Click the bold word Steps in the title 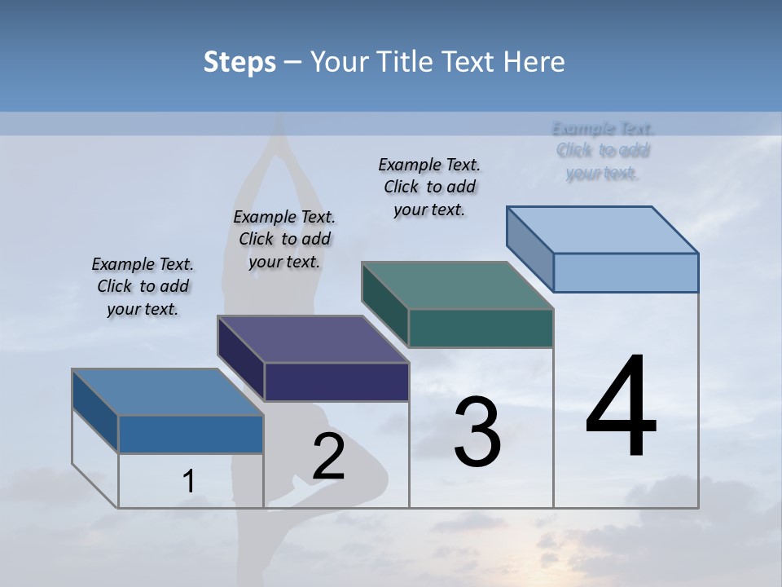pos(239,62)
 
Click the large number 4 pos(621,408)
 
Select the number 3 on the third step pos(477,432)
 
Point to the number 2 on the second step pos(328,457)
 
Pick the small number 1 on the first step pos(189,482)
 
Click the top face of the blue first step pos(167,392)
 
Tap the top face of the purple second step pos(313,339)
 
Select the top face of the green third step pos(458,285)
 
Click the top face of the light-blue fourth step pos(603,230)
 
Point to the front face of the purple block pos(336,382)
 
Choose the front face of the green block pos(481,328)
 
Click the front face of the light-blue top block pos(626,272)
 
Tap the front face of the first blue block pos(191,434)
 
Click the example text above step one pos(143,287)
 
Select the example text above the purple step pos(284,239)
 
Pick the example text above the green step pos(429,187)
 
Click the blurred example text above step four pos(603,151)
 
